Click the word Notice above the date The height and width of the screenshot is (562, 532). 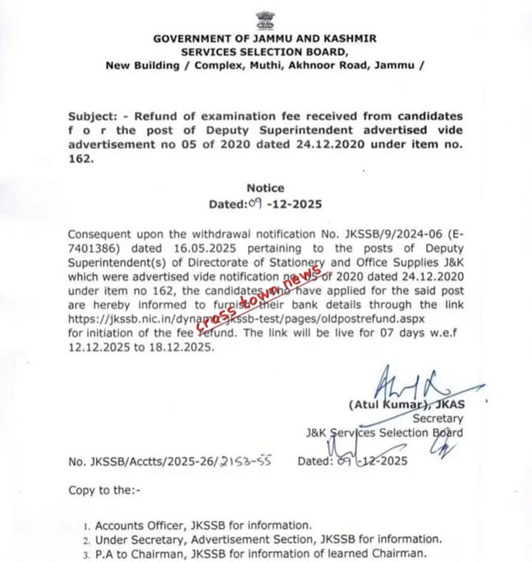click(264, 188)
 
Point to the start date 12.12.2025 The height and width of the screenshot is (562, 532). click(99, 347)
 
